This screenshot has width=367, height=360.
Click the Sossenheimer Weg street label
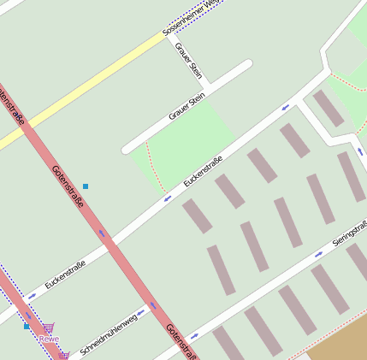(193, 17)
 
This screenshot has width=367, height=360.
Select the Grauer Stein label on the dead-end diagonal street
(186, 107)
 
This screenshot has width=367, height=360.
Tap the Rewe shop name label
(49, 339)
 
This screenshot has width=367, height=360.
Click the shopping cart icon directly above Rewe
(50, 327)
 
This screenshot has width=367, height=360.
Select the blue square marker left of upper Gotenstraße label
(86, 186)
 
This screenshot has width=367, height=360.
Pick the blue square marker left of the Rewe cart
(27, 326)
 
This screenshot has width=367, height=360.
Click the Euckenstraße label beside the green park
(203, 171)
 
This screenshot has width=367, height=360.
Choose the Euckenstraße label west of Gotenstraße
(65, 274)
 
